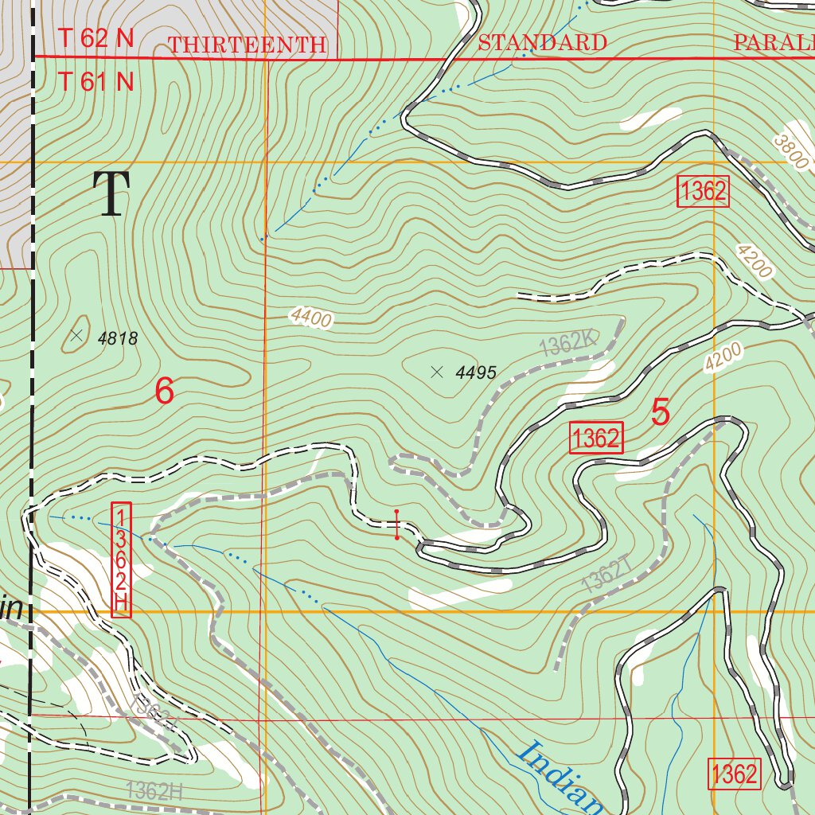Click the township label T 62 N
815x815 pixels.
click(96, 39)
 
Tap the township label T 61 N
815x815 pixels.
click(96, 81)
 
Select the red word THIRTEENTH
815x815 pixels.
click(247, 45)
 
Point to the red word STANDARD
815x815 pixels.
click(542, 43)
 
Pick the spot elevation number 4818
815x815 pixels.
click(118, 339)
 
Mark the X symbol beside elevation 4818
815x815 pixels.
click(76, 336)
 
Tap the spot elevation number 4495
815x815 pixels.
click(477, 372)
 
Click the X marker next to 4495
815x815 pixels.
click(436, 371)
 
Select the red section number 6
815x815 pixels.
click(164, 392)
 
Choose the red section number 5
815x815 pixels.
click(660, 412)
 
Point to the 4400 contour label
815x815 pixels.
click(310, 318)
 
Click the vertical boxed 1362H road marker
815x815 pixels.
click(121, 559)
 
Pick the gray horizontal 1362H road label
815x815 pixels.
click(154, 790)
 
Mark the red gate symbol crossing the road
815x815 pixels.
click(396, 524)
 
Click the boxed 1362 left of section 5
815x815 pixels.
click(596, 439)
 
